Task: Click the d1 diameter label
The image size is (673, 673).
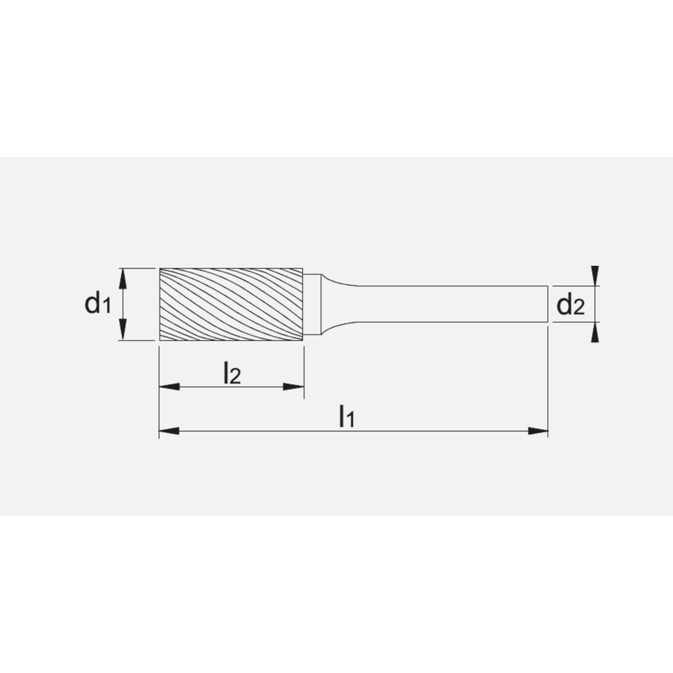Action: click(97, 304)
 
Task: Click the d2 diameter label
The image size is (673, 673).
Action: click(570, 306)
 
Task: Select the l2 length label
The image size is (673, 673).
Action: click(232, 373)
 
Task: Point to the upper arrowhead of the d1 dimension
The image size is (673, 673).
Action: click(122, 276)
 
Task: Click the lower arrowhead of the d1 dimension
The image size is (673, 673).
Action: click(122, 332)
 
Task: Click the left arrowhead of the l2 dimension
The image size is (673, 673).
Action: click(168, 387)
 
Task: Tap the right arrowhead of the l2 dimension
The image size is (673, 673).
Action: click(294, 387)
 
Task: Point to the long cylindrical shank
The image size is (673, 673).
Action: click(451, 305)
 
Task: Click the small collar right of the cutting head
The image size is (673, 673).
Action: click(312, 304)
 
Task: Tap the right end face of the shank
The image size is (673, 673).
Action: click(547, 305)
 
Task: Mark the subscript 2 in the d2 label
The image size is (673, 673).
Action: click(578, 310)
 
